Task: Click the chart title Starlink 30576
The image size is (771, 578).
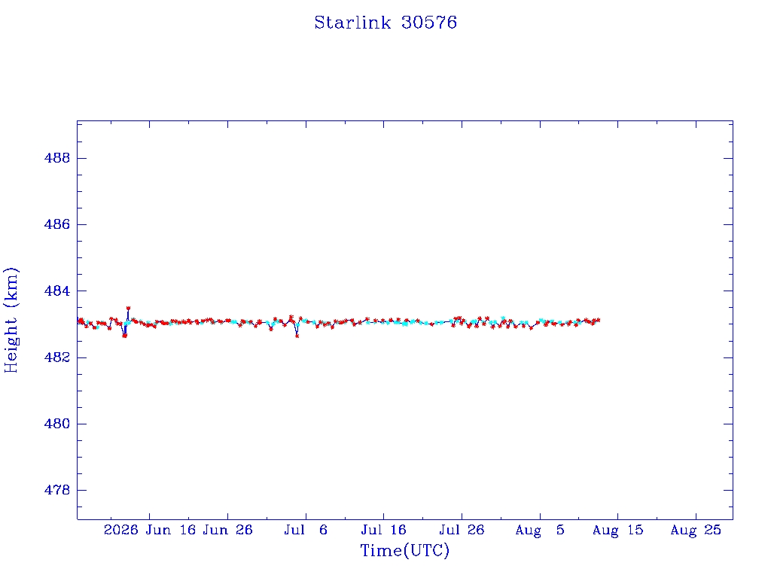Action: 385,23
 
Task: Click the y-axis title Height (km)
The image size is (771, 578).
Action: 11,320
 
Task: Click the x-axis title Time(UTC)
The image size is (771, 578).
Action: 404,550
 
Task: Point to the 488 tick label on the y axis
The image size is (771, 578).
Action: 57,158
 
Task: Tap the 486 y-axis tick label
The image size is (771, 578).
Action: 57,224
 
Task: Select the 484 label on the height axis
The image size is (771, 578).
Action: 57,291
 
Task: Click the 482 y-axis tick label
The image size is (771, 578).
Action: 57,357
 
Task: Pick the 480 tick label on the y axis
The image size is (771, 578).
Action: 57,423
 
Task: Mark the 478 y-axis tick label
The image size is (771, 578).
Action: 57,489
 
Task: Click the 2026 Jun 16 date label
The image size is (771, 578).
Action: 150,530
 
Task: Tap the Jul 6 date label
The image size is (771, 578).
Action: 306,530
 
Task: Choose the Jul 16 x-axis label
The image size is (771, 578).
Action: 383,530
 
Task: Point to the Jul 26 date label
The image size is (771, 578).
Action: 462,530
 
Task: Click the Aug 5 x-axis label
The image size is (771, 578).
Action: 540,530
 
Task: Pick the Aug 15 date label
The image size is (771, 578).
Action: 617,530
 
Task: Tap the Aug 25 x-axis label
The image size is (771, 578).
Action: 696,530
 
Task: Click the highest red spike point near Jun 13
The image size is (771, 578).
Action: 128,308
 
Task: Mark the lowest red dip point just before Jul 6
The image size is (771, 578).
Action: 297,336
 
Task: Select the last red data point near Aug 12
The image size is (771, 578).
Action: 598,320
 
